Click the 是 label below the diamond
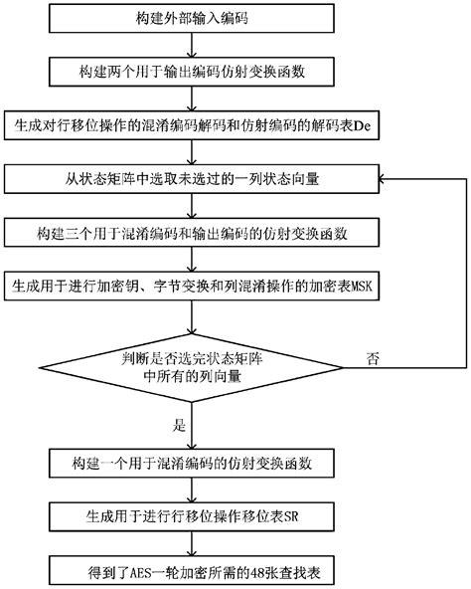click(x=180, y=424)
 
